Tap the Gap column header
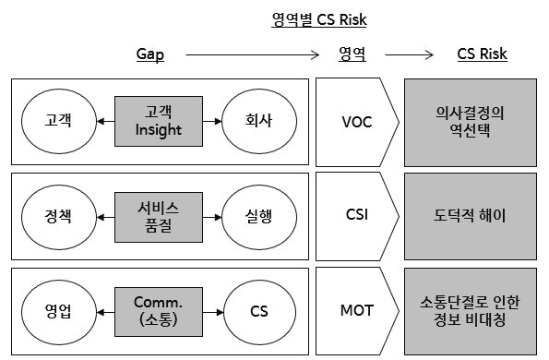150,55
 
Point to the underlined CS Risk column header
482,55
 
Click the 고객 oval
57,120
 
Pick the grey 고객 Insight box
158,120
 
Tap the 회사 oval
258,120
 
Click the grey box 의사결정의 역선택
471,120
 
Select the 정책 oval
57,216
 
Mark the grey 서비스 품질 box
158,216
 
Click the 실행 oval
258,216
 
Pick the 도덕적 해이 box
471,216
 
